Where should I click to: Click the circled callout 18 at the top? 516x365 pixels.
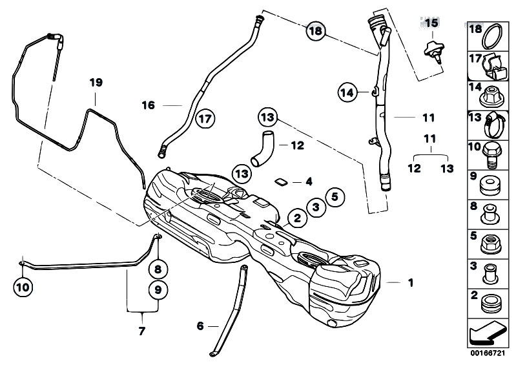pos(315,30)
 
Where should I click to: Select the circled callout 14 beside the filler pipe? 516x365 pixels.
pos(347,93)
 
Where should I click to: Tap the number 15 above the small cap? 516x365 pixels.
pos(431,23)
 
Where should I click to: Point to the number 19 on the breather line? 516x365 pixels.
pos(96,83)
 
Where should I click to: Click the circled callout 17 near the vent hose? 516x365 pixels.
pos(205,119)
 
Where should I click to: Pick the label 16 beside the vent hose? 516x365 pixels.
pos(148,105)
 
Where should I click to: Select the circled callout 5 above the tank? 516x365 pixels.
pos(335,197)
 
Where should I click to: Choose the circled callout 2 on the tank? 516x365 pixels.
pos(297,218)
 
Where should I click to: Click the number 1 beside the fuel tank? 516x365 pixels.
pos(411,282)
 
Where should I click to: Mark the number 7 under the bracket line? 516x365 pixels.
pos(141,332)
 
